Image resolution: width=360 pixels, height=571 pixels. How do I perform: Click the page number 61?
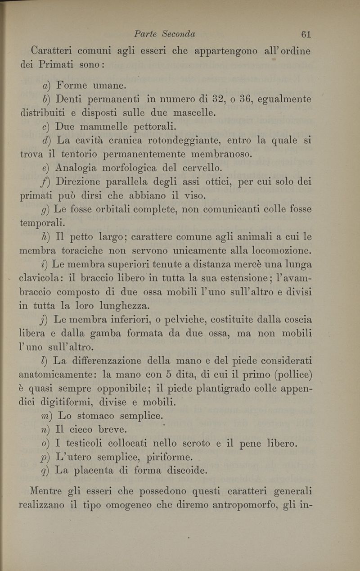pos(306,34)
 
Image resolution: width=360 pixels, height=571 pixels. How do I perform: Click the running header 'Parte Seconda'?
pos(165,34)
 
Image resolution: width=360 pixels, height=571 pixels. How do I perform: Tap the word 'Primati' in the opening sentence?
pos(54,64)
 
